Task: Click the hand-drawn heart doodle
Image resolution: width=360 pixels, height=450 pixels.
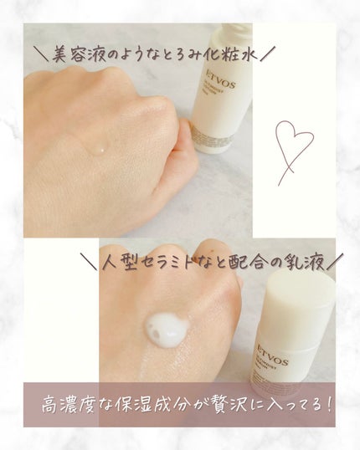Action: [x=294, y=150]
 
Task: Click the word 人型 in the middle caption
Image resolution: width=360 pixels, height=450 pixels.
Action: [x=121, y=260]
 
